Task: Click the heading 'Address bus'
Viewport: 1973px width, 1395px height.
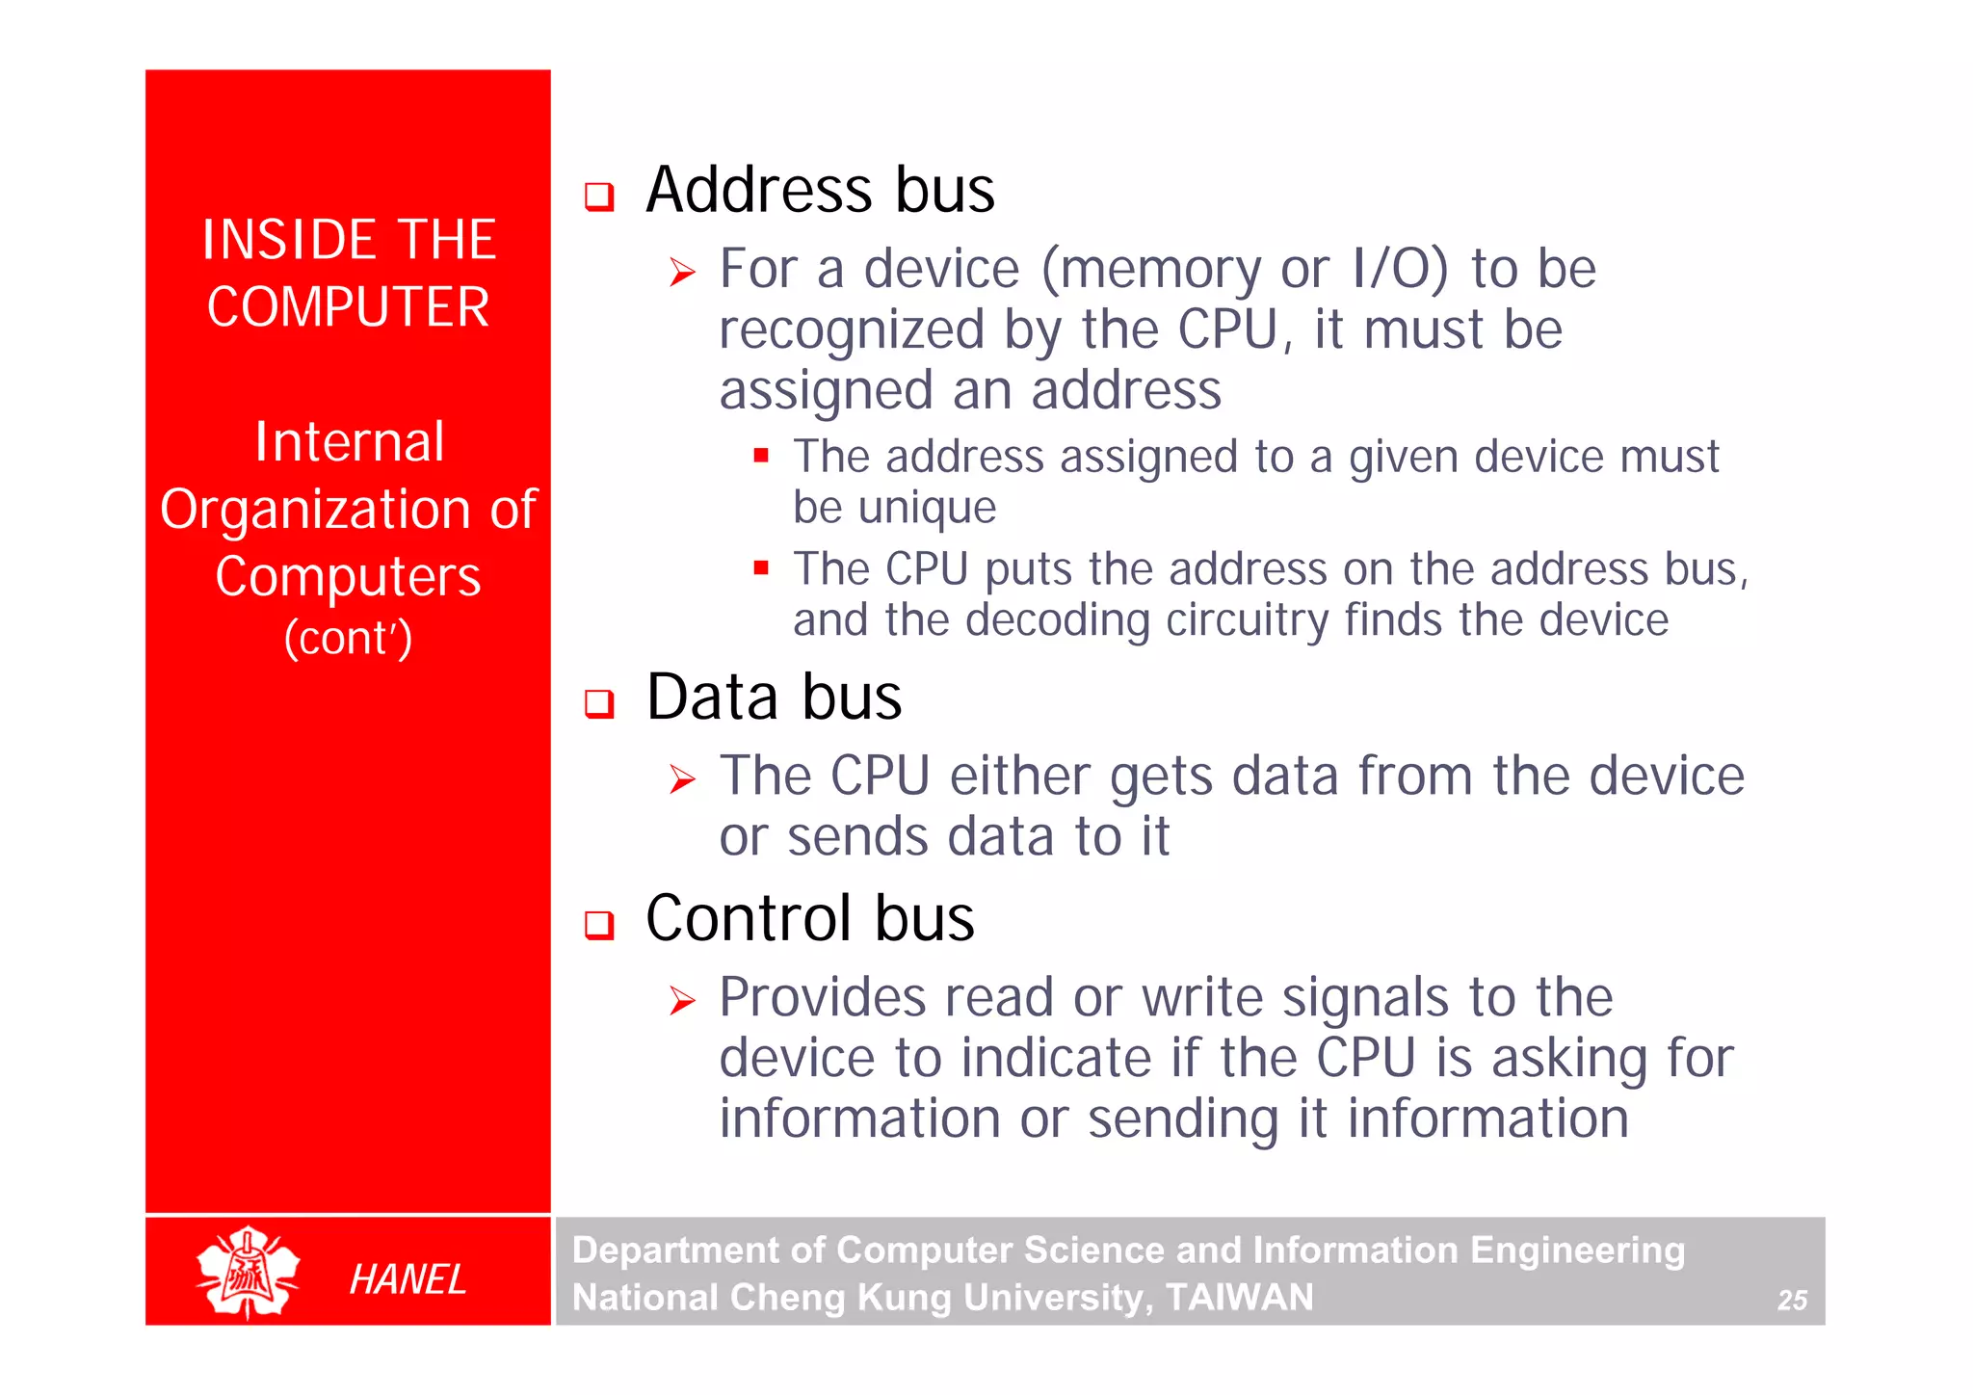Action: [820, 190]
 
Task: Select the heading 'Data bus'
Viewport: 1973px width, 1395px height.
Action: [774, 697]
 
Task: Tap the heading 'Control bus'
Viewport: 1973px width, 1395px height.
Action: [809, 918]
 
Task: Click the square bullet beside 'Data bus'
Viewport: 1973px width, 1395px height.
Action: [599, 704]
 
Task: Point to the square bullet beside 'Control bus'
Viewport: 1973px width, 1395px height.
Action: [599, 926]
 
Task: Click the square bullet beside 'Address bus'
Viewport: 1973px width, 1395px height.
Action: [599, 197]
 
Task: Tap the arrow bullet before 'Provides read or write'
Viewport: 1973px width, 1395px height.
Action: [682, 1001]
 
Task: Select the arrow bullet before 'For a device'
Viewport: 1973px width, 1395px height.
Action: [682, 273]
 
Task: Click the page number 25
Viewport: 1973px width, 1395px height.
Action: [1792, 1301]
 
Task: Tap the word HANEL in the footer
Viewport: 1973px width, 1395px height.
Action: [408, 1279]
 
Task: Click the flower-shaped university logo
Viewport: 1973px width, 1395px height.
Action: [248, 1272]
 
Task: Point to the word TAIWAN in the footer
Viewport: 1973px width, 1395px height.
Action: [1239, 1298]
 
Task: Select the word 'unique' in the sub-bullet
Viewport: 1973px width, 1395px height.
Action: [927, 508]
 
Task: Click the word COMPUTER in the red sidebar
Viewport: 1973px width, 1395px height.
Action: [348, 307]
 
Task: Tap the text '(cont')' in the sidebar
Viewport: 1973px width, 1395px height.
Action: [348, 638]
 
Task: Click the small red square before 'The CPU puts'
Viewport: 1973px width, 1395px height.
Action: [761, 567]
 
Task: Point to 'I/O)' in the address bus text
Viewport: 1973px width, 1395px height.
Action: [1400, 269]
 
